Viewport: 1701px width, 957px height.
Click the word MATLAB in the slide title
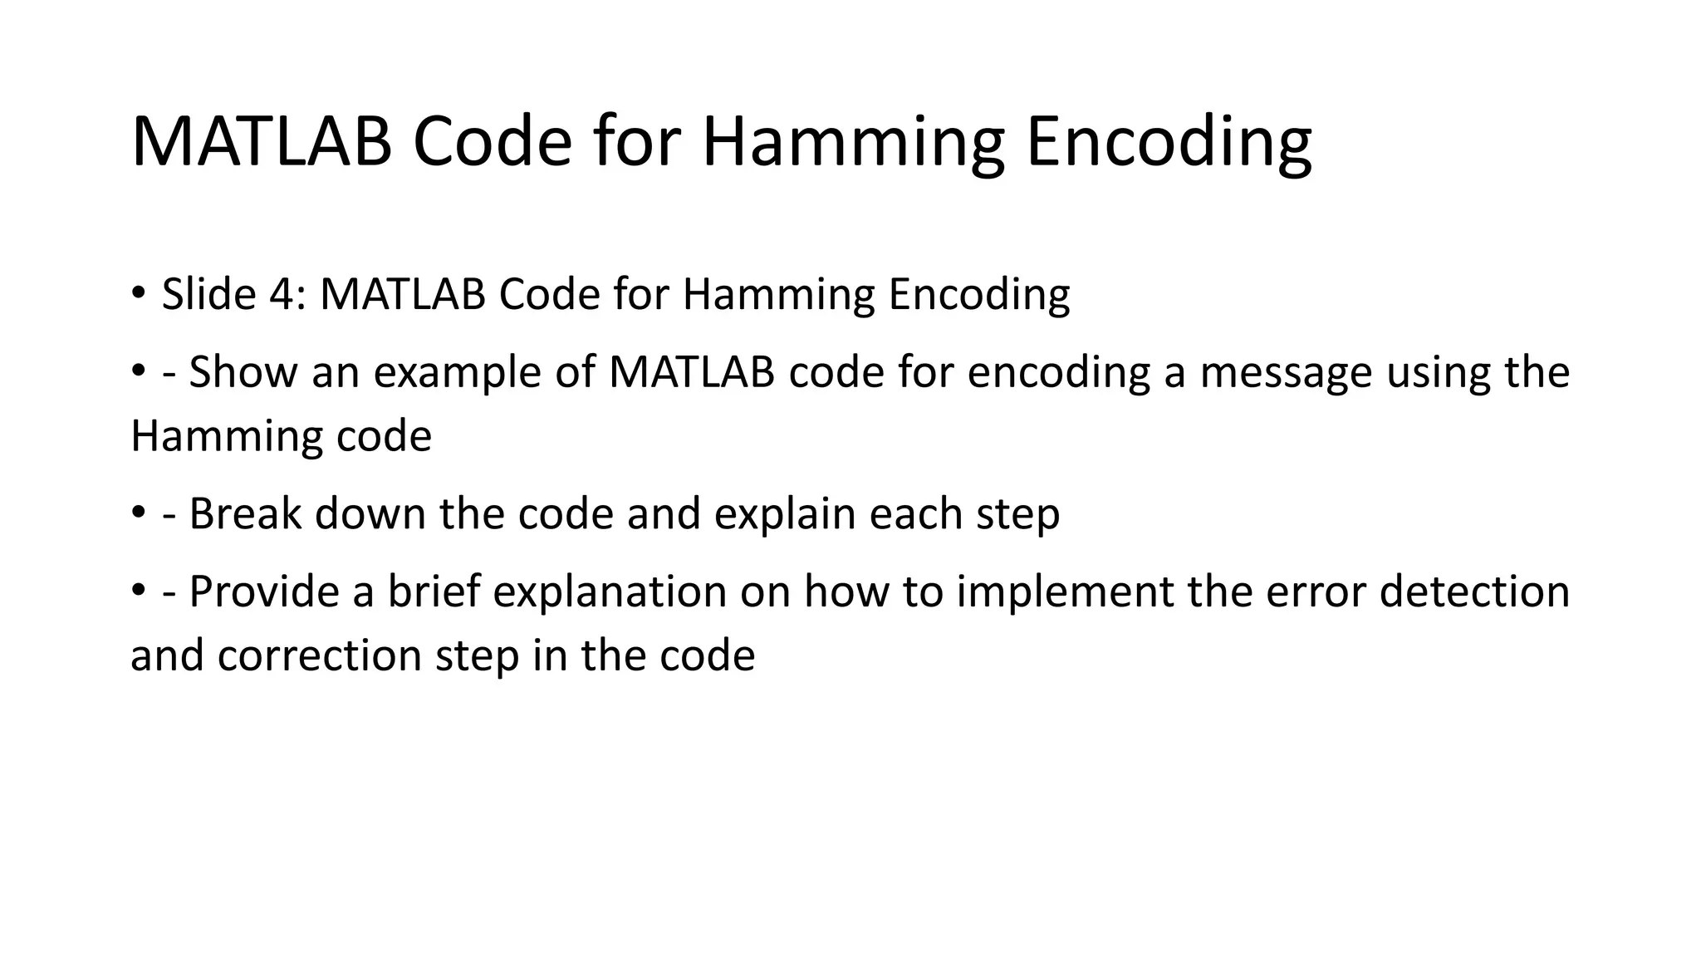click(x=262, y=141)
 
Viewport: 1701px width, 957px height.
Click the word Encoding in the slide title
click(x=1169, y=141)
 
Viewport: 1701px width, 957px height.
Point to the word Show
click(x=243, y=371)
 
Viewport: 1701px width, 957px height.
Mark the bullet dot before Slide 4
click(x=138, y=292)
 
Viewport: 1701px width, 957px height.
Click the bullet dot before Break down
click(x=138, y=513)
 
